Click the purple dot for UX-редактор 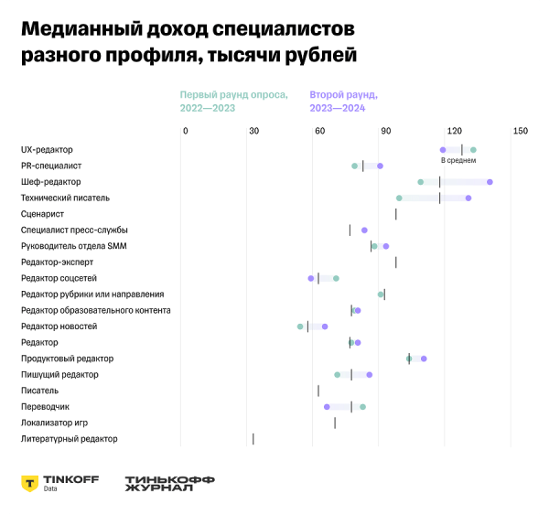[443, 150]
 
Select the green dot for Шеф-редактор [421, 182]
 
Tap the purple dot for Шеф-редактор [490, 182]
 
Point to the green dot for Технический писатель [399, 198]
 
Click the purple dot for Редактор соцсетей [311, 278]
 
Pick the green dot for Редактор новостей [300, 327]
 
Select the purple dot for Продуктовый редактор [424, 359]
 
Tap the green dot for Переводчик [363, 407]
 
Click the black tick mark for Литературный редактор [253, 439]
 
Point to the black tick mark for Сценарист [396, 214]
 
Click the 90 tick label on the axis [387, 132]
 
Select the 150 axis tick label [521, 132]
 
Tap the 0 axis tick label [185, 132]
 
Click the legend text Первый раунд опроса [233, 95]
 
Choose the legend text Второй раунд [344, 95]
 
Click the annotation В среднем [458, 161]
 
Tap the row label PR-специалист [51, 166]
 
